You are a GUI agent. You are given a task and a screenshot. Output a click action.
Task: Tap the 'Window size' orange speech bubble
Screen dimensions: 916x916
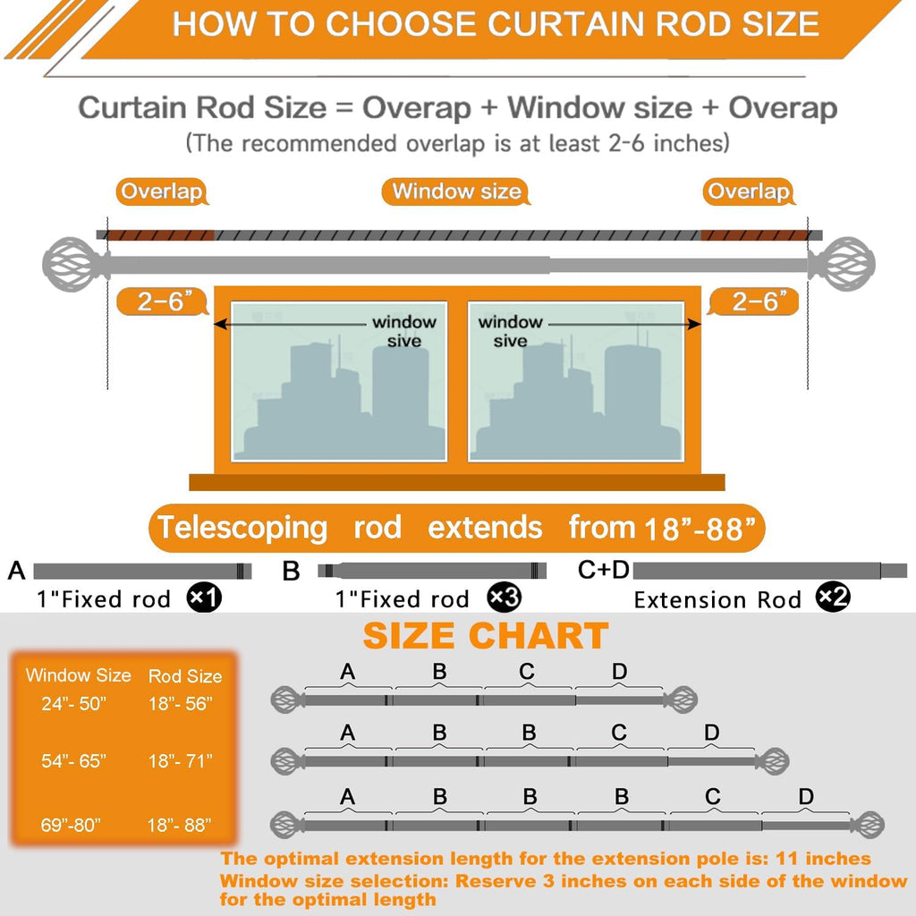(x=455, y=191)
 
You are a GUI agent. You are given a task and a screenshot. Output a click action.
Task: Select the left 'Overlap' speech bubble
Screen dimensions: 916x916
(x=162, y=191)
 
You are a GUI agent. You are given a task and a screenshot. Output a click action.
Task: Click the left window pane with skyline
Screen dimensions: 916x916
(x=339, y=381)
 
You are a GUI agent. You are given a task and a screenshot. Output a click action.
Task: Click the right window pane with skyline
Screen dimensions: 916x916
(x=576, y=381)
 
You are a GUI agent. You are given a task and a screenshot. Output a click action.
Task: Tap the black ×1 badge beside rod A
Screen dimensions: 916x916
(x=204, y=598)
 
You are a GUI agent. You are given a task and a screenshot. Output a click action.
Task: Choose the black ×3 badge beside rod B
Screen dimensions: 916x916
(x=504, y=598)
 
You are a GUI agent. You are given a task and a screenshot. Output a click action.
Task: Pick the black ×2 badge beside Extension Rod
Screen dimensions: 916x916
(x=833, y=597)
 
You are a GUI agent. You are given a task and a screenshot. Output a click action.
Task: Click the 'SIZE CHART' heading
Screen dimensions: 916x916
(x=486, y=636)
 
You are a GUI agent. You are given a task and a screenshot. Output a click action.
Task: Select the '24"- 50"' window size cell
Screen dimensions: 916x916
(x=74, y=703)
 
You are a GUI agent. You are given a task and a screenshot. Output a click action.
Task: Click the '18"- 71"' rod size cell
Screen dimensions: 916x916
(x=181, y=760)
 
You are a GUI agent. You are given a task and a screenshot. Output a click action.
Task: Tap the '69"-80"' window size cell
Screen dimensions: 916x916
(x=71, y=825)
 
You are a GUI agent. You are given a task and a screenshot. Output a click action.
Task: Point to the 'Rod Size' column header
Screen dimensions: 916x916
(x=185, y=676)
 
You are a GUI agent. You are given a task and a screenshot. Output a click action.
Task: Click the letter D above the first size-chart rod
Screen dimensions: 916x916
(x=619, y=671)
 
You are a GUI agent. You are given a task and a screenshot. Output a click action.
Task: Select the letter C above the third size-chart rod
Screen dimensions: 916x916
(x=713, y=796)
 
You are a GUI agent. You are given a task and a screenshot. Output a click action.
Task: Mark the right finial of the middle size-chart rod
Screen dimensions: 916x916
(x=772, y=761)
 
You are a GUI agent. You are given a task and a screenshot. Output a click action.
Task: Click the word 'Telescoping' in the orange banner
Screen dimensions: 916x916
(x=242, y=529)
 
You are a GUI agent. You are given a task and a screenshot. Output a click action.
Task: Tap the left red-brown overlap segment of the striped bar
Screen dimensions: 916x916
(x=160, y=235)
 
